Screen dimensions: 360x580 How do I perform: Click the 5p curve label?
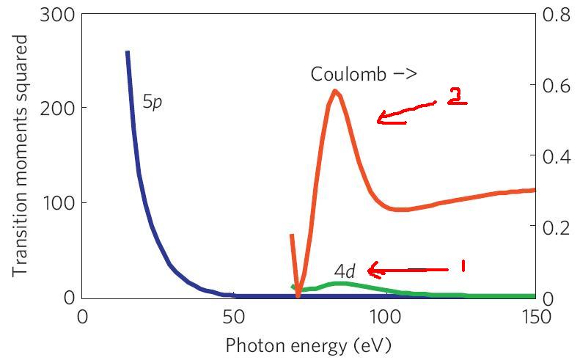[x=152, y=103]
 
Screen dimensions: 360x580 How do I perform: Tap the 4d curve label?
[x=345, y=271]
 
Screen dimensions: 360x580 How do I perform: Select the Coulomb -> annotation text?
[x=364, y=74]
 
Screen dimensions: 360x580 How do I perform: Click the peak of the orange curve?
[x=334, y=92]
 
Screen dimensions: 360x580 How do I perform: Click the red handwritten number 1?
[x=463, y=265]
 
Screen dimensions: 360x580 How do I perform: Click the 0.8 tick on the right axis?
[x=556, y=14]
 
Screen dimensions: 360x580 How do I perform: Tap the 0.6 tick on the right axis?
[x=556, y=85]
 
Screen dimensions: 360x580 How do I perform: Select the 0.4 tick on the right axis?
[x=556, y=156]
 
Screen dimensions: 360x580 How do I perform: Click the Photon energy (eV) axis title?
[x=307, y=345]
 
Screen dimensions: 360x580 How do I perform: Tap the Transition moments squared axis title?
[x=21, y=155]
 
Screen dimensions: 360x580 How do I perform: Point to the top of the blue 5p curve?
[x=128, y=53]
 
